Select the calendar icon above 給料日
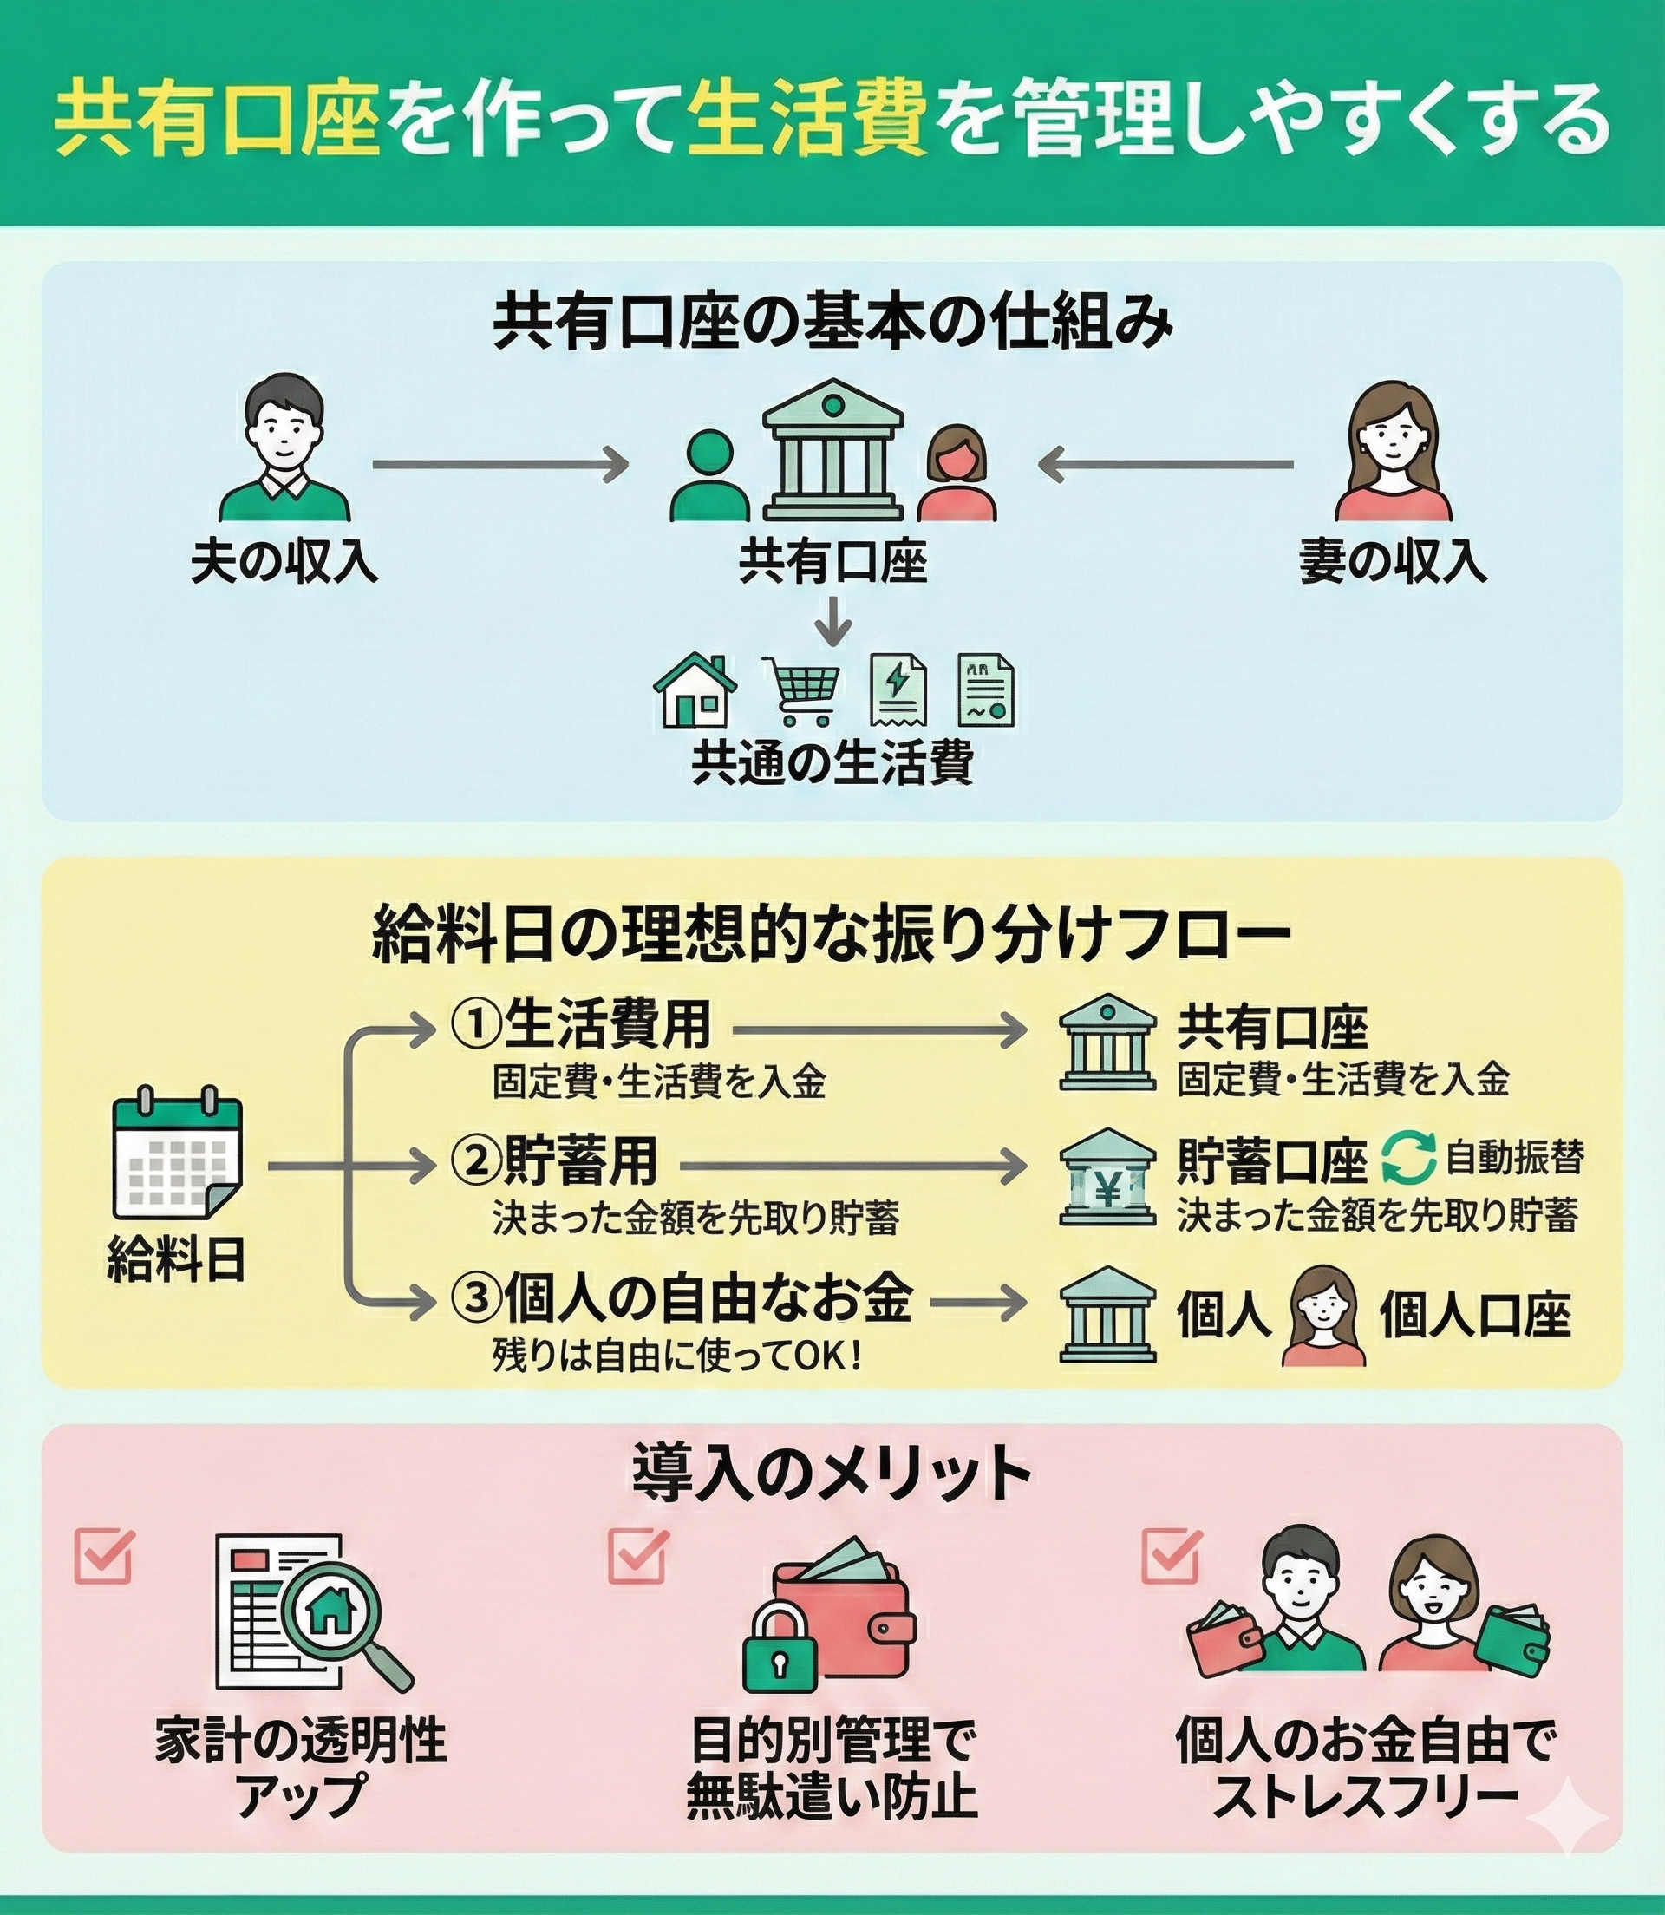coord(177,1156)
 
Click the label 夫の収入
coord(284,561)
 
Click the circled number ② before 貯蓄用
coord(475,1162)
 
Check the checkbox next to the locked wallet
coord(637,1555)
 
